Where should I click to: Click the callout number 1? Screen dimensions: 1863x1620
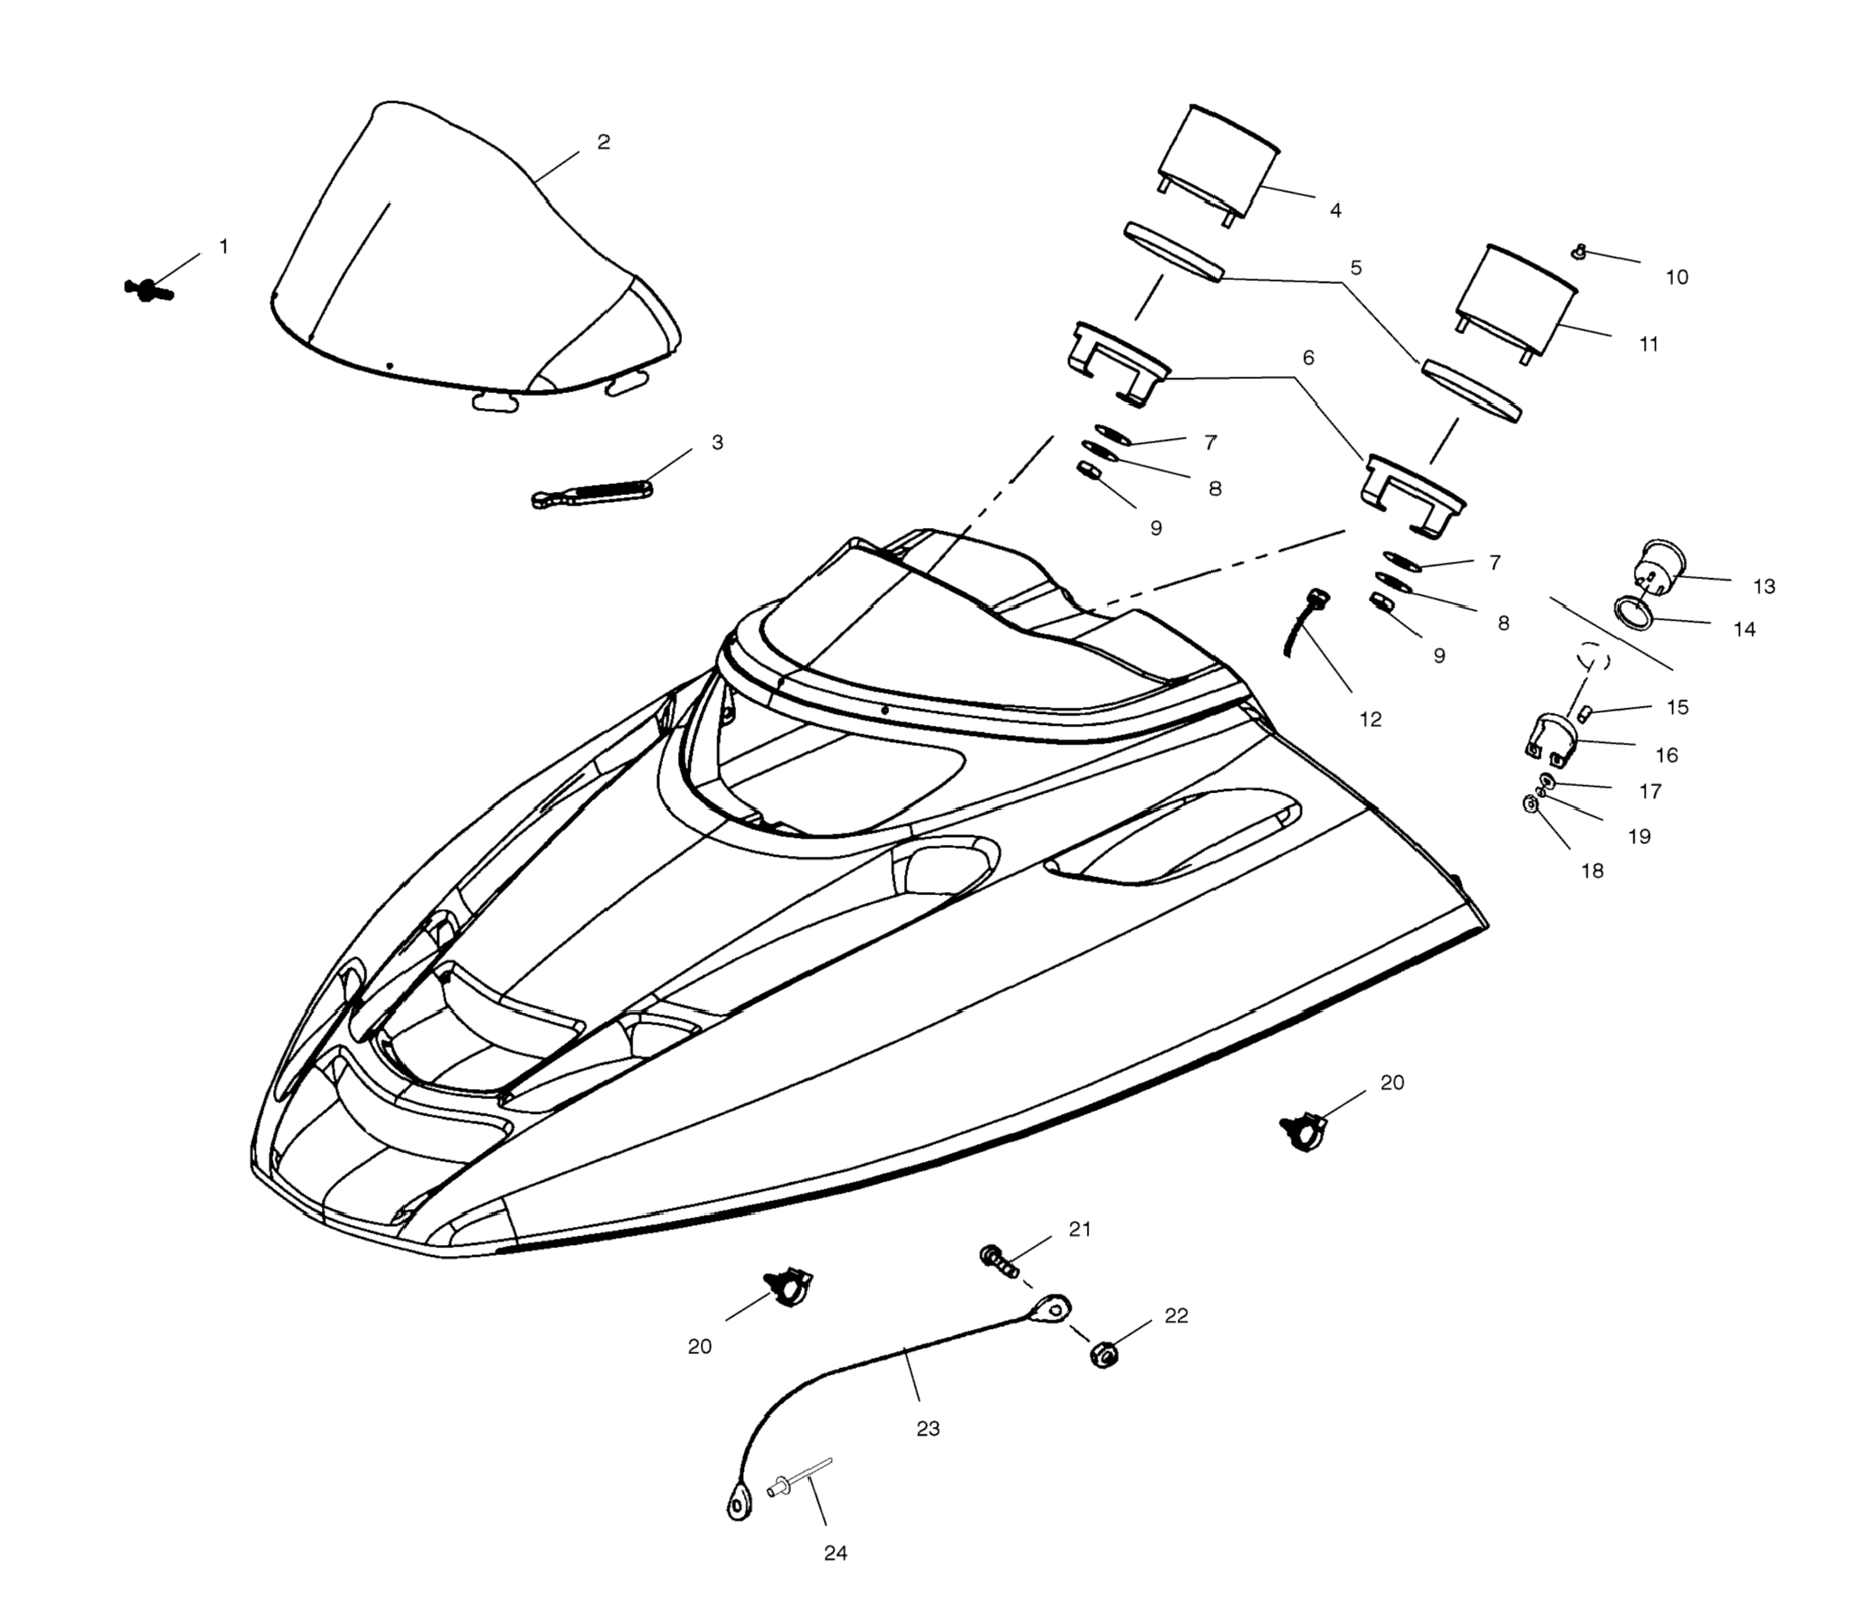point(224,246)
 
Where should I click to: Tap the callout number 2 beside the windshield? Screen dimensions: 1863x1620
point(603,142)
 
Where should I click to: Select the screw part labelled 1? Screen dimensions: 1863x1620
point(148,289)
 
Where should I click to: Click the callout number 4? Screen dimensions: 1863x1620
point(1336,210)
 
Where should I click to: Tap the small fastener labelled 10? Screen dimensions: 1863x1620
point(1580,253)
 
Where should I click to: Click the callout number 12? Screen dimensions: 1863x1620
point(1371,719)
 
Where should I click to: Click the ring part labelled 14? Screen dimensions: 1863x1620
point(1635,611)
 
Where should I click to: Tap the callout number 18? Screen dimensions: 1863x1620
point(1592,871)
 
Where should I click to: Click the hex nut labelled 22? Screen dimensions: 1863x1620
point(1103,1354)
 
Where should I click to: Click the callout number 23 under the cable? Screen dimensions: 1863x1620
point(928,1429)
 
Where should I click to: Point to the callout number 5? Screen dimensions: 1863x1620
point(1355,268)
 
